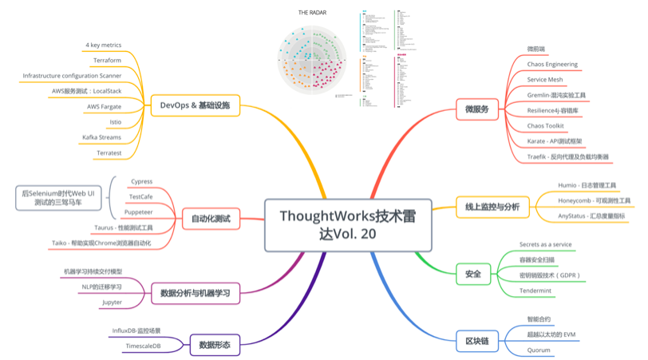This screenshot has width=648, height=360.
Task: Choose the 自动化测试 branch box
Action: coord(211,218)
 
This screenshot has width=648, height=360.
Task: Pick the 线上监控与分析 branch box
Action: coord(492,207)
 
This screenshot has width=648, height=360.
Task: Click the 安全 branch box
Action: coord(472,275)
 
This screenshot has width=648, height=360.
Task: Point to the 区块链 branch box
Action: coord(476,340)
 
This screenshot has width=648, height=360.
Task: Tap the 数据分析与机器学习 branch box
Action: coord(195,293)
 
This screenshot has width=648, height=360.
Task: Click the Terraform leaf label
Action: coord(107,60)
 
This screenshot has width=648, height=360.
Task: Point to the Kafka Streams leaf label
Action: coord(101,136)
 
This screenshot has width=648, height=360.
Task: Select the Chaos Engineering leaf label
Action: coord(552,64)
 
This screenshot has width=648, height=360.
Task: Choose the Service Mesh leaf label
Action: coord(545,80)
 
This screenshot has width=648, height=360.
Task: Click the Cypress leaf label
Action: coord(140,181)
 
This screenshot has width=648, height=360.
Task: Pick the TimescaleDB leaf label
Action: coord(143,346)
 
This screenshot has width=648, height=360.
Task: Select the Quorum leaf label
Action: coord(539,350)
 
